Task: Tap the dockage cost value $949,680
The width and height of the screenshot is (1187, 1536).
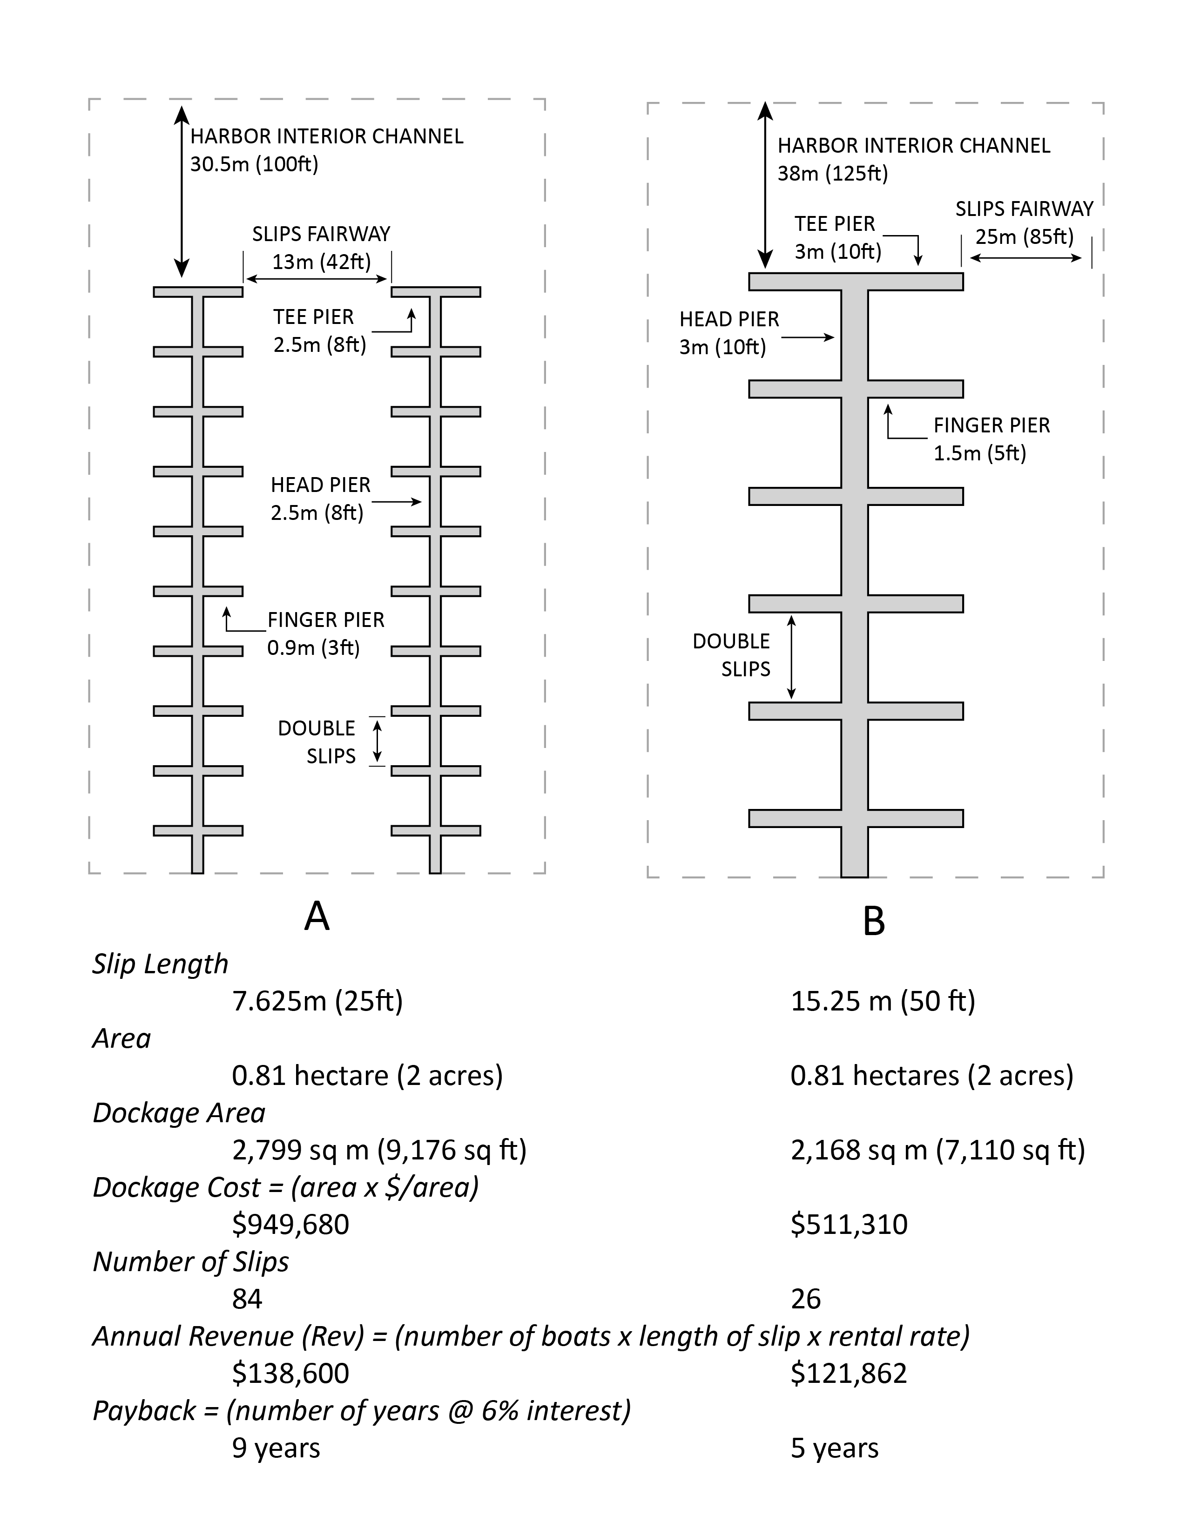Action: [290, 1225]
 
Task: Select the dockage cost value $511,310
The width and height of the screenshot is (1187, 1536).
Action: [849, 1225]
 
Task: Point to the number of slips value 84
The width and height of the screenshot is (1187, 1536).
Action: [247, 1299]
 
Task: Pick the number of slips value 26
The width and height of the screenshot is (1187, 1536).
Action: [805, 1299]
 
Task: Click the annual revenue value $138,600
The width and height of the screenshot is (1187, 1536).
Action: [290, 1374]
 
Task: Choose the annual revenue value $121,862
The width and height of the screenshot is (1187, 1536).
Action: [849, 1374]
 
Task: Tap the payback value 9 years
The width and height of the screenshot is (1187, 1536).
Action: [276, 1448]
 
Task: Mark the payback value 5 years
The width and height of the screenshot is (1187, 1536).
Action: [835, 1448]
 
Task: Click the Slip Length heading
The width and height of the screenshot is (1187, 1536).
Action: [160, 963]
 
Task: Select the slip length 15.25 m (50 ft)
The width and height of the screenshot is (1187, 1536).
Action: [883, 1001]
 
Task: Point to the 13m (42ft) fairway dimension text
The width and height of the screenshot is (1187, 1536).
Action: [321, 262]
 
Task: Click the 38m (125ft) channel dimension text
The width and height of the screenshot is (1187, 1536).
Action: [833, 173]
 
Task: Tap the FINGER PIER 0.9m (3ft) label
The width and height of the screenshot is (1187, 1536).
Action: [325, 633]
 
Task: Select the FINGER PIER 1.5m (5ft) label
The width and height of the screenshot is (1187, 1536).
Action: [991, 439]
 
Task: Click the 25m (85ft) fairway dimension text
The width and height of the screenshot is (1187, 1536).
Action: [1024, 236]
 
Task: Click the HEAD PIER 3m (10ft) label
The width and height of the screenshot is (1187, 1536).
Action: [728, 333]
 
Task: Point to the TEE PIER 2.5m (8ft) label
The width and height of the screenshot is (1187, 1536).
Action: [319, 330]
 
